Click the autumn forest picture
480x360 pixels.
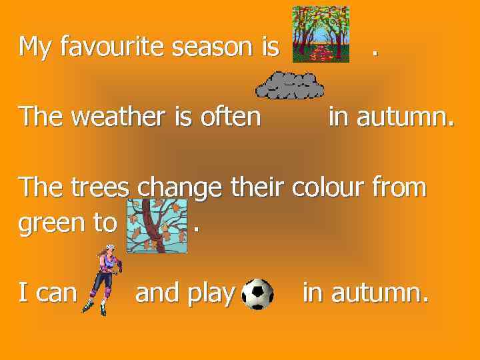(321, 35)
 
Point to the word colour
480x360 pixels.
(329, 187)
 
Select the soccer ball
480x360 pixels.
(258, 294)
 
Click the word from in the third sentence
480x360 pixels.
(399, 187)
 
